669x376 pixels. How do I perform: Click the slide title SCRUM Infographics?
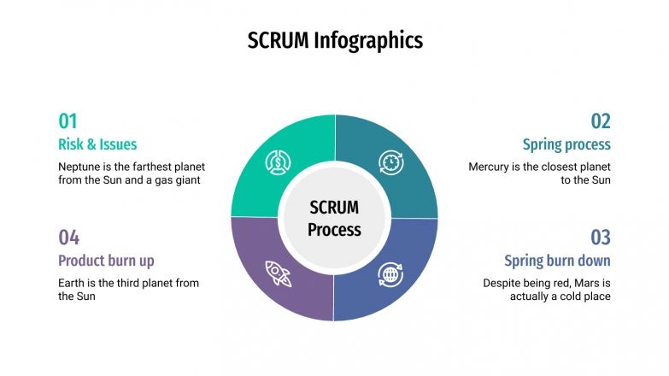(x=334, y=40)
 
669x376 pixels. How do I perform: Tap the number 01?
(x=67, y=120)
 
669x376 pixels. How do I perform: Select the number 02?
(x=601, y=120)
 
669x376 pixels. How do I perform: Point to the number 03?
(x=601, y=237)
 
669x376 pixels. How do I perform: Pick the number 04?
(x=68, y=237)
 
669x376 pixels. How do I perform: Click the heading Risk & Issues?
(x=97, y=144)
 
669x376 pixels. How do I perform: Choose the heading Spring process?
(x=566, y=144)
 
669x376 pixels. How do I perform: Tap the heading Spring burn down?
(x=557, y=260)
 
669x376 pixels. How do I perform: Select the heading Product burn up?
(x=106, y=260)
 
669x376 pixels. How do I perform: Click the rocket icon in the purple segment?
(x=278, y=273)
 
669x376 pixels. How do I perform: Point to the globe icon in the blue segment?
(x=390, y=274)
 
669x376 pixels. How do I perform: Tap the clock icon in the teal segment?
(x=390, y=162)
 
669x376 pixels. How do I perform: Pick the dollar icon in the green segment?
(x=278, y=162)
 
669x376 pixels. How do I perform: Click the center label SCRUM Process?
(x=334, y=218)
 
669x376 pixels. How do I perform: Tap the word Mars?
(x=581, y=282)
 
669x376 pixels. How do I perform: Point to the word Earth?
(x=72, y=282)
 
